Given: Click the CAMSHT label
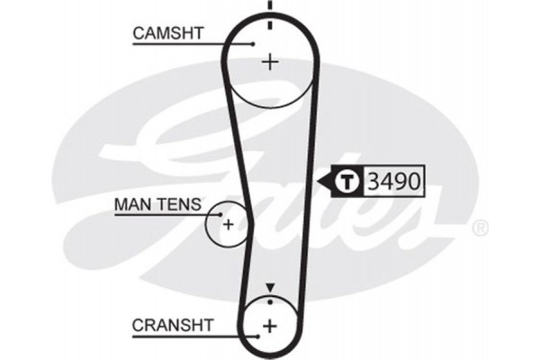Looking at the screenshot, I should pos(168,33).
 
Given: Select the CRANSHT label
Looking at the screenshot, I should pos(172,322).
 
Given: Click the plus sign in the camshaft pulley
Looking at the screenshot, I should pos(269,61).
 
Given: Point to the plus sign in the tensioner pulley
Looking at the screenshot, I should pos(229,223).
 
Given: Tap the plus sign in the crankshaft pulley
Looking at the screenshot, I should pos(269,325).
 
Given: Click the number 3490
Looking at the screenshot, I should pos(393,181).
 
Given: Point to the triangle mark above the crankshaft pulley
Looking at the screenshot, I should pos(269,288).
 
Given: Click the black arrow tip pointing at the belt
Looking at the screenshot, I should pos(321,181).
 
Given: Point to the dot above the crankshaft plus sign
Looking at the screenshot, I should pos(269,302).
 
